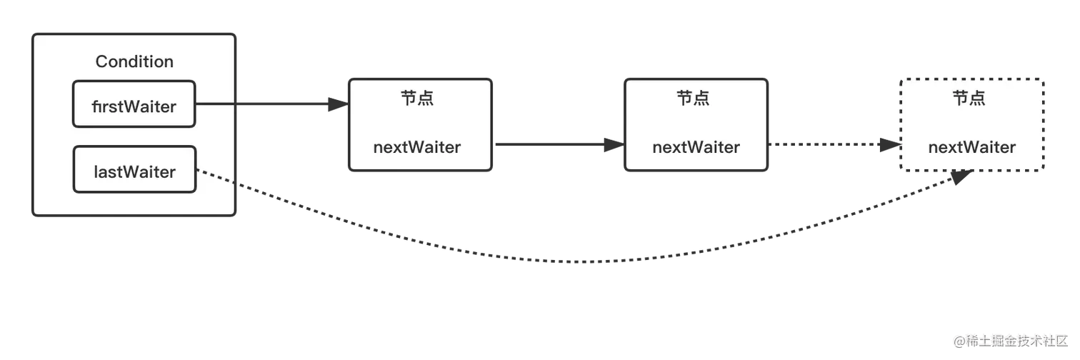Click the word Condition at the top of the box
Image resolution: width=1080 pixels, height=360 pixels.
[134, 61]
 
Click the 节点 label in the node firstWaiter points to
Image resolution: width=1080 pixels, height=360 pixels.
[417, 98]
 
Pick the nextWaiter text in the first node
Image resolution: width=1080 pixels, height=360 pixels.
[417, 147]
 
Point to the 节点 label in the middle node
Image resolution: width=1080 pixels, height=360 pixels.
[693, 98]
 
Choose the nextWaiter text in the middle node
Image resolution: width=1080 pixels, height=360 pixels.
[696, 147]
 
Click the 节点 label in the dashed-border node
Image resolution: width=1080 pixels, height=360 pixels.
[969, 98]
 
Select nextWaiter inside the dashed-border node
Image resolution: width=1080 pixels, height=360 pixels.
[971, 147]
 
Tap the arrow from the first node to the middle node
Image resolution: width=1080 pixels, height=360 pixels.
[550, 144]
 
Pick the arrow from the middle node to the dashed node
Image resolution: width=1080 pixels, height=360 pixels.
[829, 144]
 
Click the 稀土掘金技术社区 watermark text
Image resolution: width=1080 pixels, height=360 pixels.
[1015, 341]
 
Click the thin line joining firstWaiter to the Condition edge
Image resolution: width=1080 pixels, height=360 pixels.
[215, 104]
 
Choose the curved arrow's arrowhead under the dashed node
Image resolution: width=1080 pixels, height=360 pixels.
[961, 180]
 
